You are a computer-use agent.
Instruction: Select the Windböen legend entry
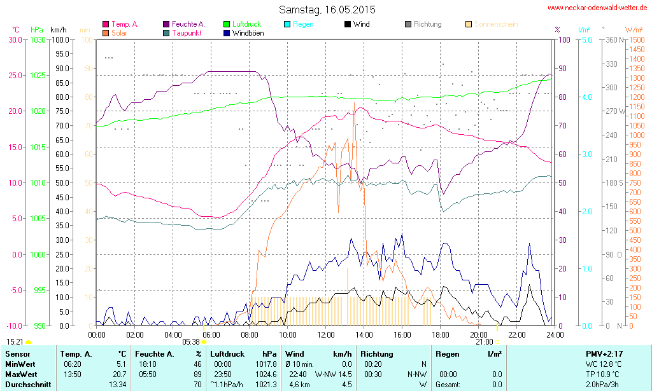[x=248, y=32]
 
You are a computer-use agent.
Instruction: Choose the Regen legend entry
[x=303, y=24]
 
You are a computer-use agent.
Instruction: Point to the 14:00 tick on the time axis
[x=364, y=334]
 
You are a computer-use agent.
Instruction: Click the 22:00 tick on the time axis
[x=516, y=334]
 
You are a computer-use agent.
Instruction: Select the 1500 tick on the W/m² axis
[x=635, y=39]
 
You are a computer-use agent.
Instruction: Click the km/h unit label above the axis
[x=58, y=30]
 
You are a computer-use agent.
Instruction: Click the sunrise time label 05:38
[x=191, y=341]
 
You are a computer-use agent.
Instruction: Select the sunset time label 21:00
[x=484, y=341]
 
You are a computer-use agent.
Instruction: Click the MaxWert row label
[x=22, y=374]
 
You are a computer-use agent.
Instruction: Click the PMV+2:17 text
[x=605, y=353]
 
